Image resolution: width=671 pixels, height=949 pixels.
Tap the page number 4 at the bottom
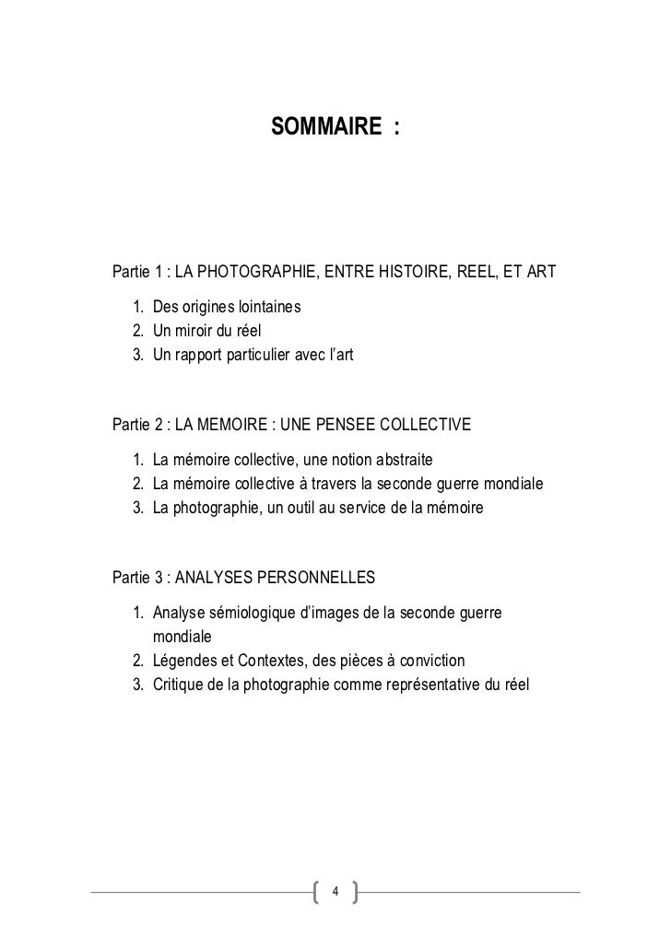335,892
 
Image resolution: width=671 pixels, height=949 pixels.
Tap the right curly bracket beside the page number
355,892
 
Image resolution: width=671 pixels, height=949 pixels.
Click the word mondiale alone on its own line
182,637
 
